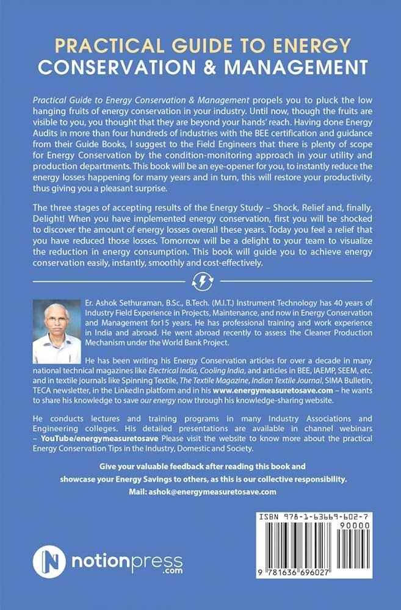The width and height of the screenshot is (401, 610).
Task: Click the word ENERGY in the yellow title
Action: tap(309, 46)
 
